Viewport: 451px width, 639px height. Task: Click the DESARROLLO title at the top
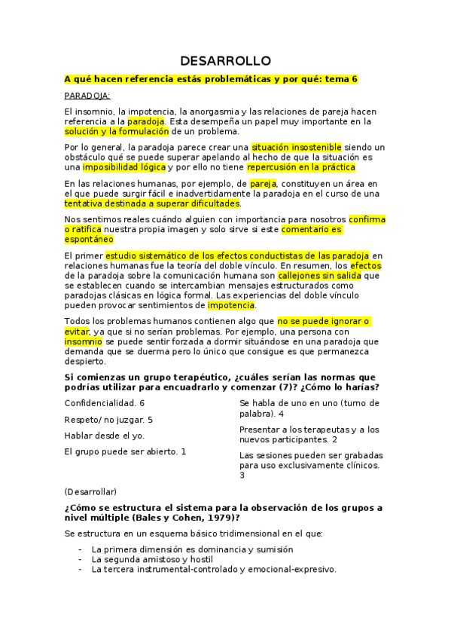(x=225, y=61)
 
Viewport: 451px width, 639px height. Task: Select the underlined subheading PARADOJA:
(x=87, y=96)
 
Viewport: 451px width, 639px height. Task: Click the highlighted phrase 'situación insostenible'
(x=296, y=147)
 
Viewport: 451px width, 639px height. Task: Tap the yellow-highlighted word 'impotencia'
(x=231, y=305)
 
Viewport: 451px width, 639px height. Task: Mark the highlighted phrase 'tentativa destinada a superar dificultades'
(x=152, y=203)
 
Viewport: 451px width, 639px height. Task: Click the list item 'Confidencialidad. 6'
(x=104, y=403)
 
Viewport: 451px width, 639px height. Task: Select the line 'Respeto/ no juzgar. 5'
(x=108, y=419)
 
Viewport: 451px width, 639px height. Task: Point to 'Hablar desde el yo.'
(x=104, y=436)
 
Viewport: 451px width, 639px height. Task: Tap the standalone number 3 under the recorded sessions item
(x=242, y=475)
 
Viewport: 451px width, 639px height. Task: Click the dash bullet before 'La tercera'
(x=80, y=570)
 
